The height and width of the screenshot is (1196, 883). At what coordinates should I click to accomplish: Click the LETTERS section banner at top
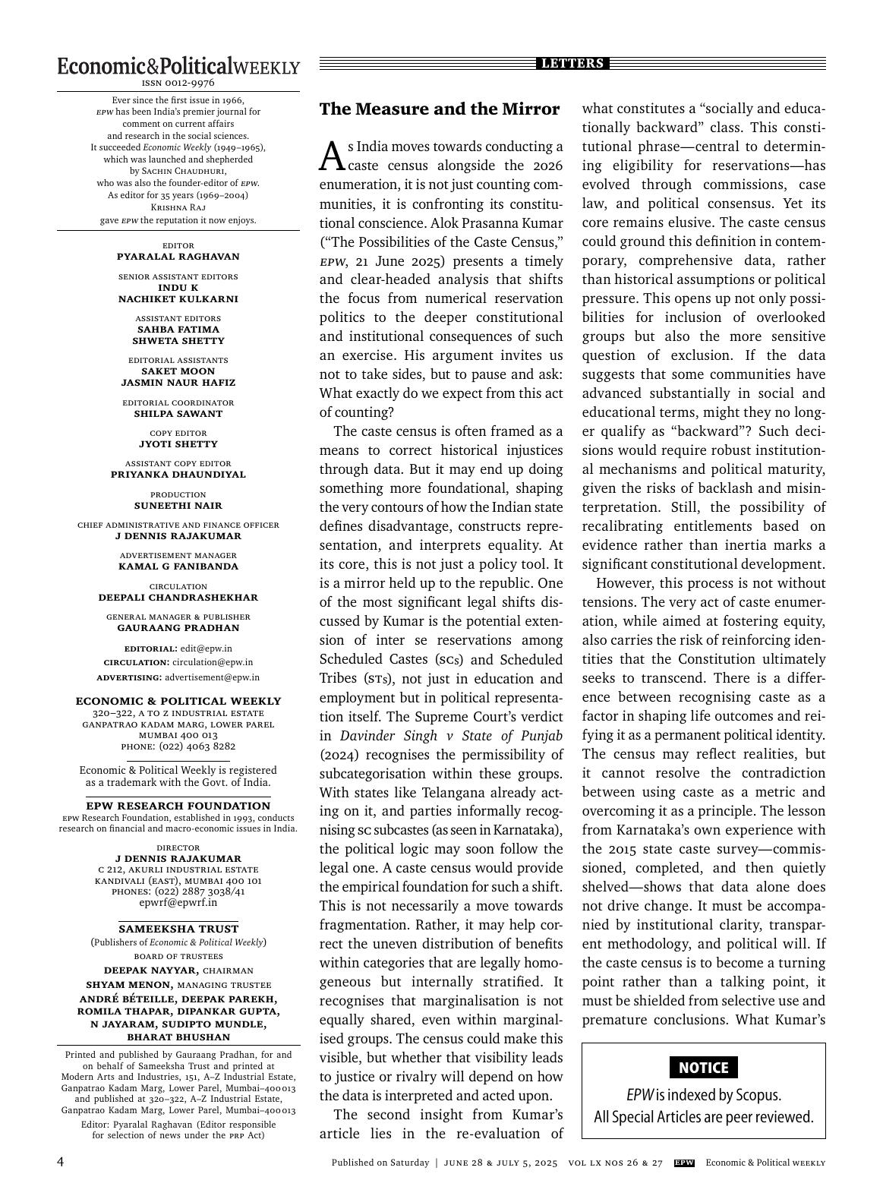click(x=572, y=64)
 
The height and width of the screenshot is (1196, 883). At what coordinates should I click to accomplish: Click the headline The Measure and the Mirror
click(x=439, y=109)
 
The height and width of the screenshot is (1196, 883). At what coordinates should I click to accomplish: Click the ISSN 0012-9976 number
click(x=178, y=83)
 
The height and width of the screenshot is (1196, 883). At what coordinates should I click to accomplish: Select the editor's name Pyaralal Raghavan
click(x=178, y=257)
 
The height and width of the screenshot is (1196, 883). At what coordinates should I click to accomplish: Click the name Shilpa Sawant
click(x=178, y=414)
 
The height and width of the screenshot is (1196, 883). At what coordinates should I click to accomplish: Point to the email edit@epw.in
click(x=206, y=648)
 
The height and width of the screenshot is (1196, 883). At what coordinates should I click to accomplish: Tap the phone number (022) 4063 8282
click(x=197, y=746)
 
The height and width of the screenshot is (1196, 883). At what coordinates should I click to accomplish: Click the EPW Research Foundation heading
click(x=178, y=806)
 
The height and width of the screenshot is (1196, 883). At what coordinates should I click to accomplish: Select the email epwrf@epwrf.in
click(x=178, y=903)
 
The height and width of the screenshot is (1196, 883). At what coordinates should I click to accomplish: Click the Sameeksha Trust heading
click(x=178, y=929)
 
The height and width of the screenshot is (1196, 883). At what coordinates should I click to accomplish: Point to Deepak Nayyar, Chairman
click(x=178, y=970)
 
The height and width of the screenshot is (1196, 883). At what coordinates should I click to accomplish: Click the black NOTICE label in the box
click(x=703, y=1068)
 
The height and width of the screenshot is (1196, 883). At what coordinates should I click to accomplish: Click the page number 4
click(x=61, y=1163)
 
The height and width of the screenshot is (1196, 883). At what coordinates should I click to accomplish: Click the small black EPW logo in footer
click(x=684, y=1163)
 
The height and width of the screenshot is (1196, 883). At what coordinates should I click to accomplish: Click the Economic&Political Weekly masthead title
click(x=178, y=66)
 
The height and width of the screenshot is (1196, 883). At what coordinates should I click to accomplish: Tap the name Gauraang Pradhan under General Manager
click(x=178, y=628)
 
